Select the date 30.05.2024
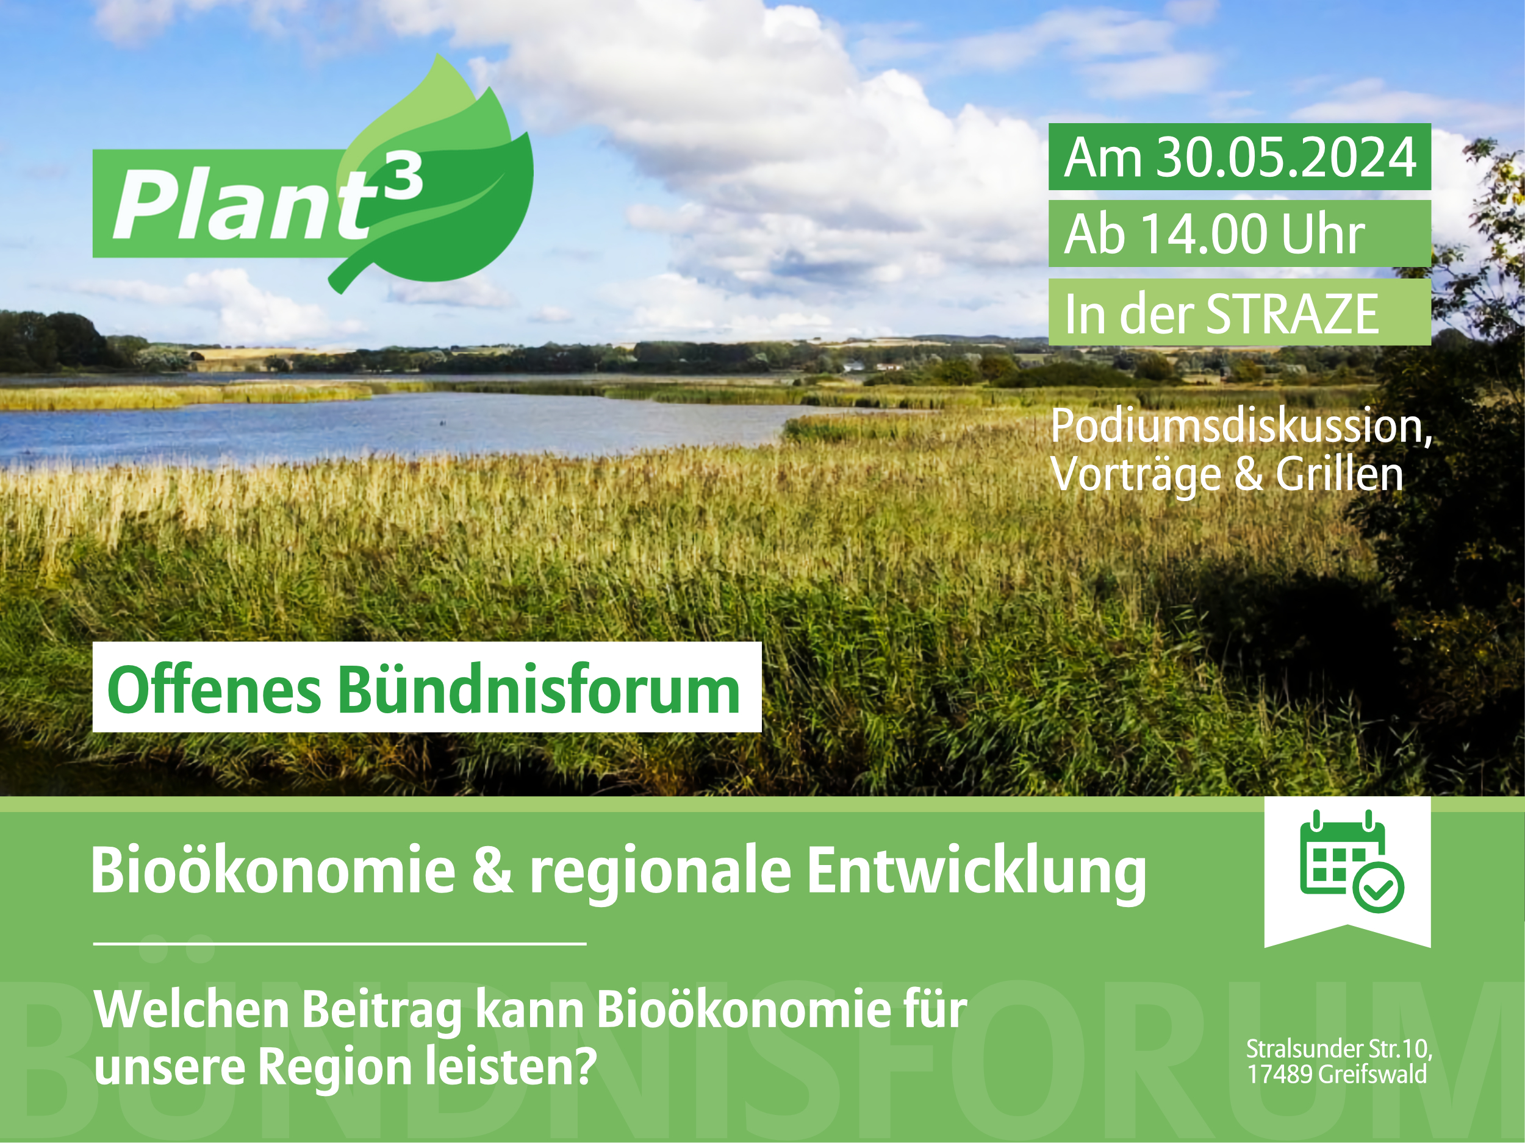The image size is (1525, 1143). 1286,157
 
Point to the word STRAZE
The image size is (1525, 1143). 1292,313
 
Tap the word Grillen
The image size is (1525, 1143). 1340,474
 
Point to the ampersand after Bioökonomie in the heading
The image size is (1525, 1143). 492,869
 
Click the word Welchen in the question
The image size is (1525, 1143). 192,1009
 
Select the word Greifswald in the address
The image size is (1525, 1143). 1372,1074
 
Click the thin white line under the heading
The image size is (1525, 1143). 340,943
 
